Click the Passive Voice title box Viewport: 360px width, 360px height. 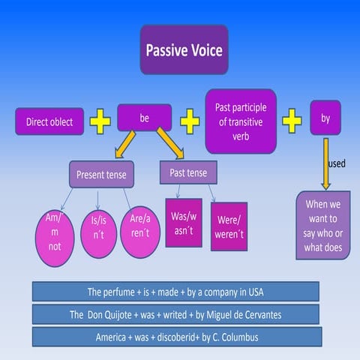(x=184, y=49)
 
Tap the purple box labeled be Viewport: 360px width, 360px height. (x=145, y=118)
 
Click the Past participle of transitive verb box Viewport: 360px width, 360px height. (x=241, y=121)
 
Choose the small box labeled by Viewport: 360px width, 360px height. (x=325, y=118)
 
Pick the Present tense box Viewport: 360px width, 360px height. (x=102, y=175)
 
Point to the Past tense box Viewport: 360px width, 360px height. (x=188, y=172)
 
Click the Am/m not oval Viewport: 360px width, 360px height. (x=54, y=235)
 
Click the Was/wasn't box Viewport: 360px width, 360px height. (x=183, y=222)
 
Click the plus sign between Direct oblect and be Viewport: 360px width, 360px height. (x=100, y=121)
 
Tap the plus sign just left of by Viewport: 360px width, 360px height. (x=292, y=120)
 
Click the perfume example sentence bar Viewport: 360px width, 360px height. (x=175, y=291)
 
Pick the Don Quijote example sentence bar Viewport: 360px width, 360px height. (x=175, y=313)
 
